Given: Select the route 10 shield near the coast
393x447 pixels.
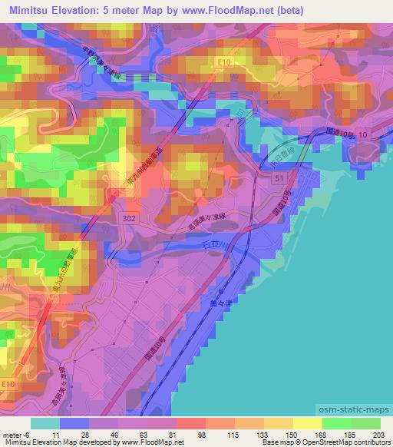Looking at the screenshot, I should [362, 134].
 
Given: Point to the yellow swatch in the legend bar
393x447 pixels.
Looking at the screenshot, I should [306, 422].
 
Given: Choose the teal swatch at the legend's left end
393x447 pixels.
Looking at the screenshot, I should [45, 422].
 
